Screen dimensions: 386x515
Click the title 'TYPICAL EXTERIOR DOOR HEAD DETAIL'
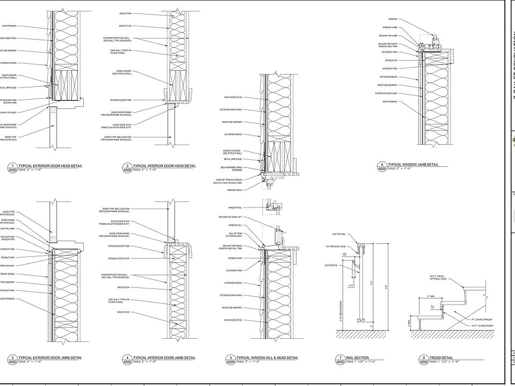[50, 166]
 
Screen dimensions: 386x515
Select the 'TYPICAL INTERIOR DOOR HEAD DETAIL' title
[164, 166]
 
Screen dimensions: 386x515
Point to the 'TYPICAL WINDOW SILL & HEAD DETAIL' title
[267, 358]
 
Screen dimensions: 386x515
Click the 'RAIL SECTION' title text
[359, 358]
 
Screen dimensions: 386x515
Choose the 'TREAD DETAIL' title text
[441, 358]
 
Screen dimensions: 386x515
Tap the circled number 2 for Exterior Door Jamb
[12, 358]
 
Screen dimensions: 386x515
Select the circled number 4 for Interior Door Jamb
[127, 358]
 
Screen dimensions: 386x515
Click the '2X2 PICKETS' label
[339, 265]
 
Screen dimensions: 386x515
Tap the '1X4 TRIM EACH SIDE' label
[336, 246]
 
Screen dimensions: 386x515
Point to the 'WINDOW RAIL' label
[235, 207]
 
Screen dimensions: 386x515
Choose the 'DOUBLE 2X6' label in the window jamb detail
[390, 60]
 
